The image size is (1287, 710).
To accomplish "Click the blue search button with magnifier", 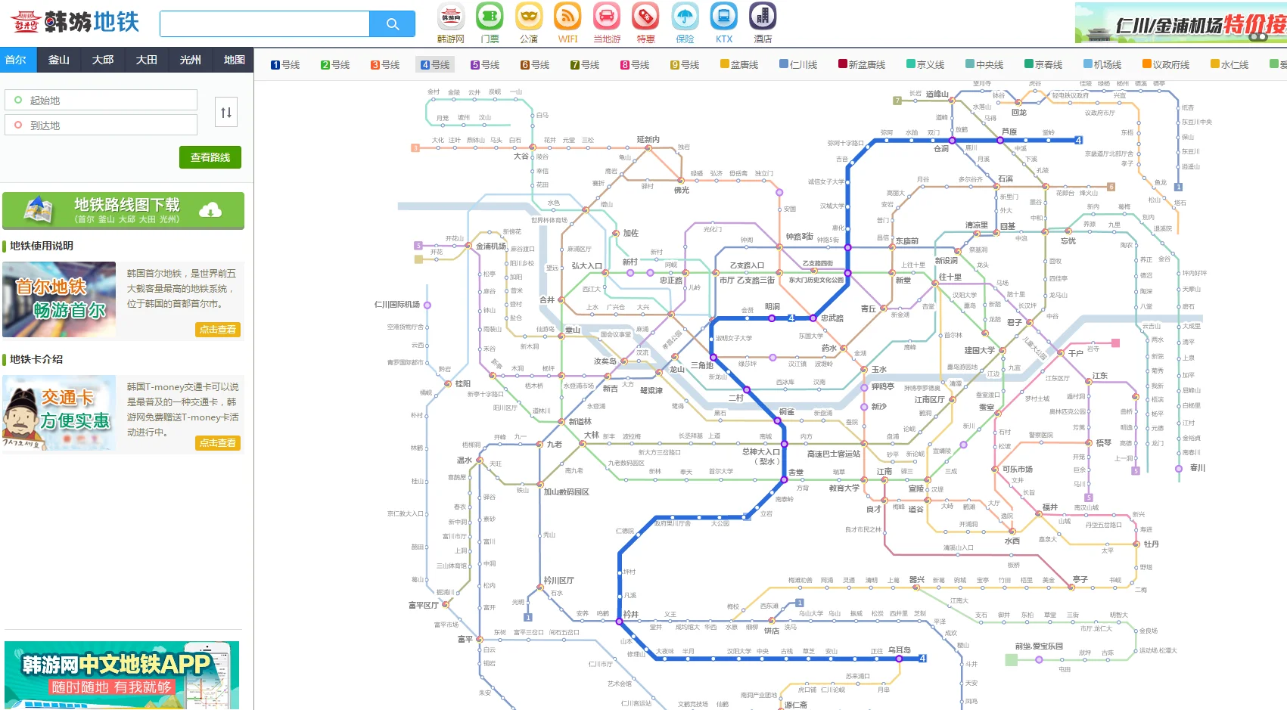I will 392,24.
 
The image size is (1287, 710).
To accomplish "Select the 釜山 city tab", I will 59,60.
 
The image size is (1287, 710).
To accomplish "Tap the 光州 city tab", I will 190,60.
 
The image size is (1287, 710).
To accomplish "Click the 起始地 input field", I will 102,101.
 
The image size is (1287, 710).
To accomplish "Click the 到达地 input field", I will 102,126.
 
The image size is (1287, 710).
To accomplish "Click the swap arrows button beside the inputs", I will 225,113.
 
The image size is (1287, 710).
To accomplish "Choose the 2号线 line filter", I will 335,65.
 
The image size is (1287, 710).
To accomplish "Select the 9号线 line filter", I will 685,65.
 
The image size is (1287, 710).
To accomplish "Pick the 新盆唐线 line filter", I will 862,65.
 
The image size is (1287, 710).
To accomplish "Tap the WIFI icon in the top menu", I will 567,23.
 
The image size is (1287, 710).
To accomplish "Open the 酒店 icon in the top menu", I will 763,23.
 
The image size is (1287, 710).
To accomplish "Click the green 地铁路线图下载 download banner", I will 123,210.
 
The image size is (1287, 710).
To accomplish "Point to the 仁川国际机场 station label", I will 397,305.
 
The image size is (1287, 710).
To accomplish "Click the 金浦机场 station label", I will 490,246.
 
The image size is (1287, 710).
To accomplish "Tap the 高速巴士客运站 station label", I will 833,454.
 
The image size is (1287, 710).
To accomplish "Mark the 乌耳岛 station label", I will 900,650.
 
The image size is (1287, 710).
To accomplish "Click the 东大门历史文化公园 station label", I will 816,280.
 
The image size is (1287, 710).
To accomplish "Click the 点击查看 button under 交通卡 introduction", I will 218,443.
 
